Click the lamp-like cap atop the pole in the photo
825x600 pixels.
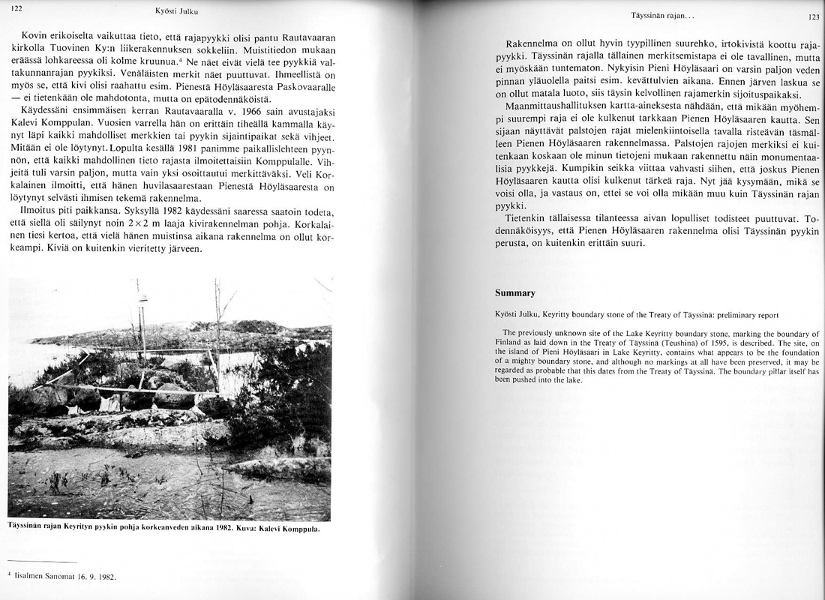point(142,299)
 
